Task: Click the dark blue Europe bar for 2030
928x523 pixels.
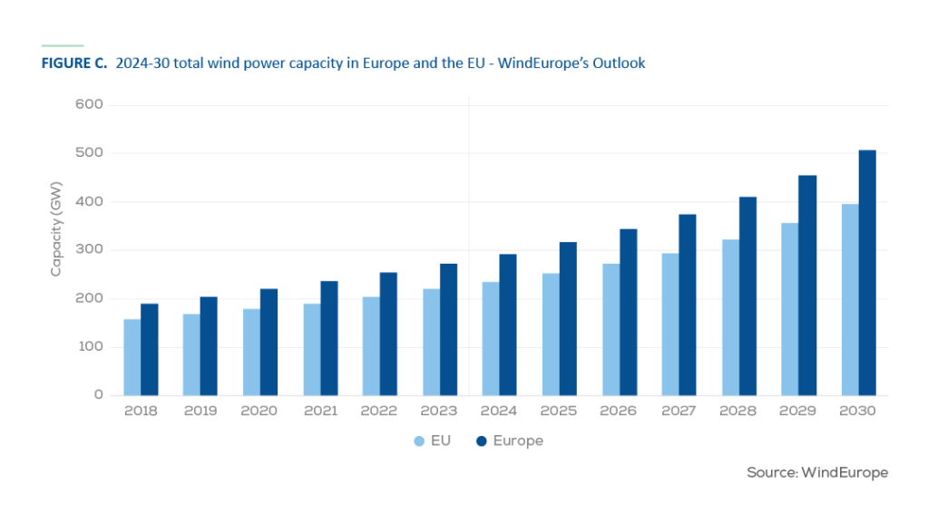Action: tap(867, 273)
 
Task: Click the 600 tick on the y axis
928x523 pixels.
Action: tap(88, 105)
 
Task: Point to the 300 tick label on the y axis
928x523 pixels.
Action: tap(88, 250)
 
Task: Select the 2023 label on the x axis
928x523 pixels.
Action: tap(439, 411)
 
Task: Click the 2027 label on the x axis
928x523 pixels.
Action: tap(679, 411)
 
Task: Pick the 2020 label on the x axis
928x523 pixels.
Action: tap(260, 411)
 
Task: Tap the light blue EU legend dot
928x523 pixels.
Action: tap(419, 441)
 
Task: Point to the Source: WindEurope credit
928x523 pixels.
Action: tap(816, 473)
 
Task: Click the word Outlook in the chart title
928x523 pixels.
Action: tap(619, 64)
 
